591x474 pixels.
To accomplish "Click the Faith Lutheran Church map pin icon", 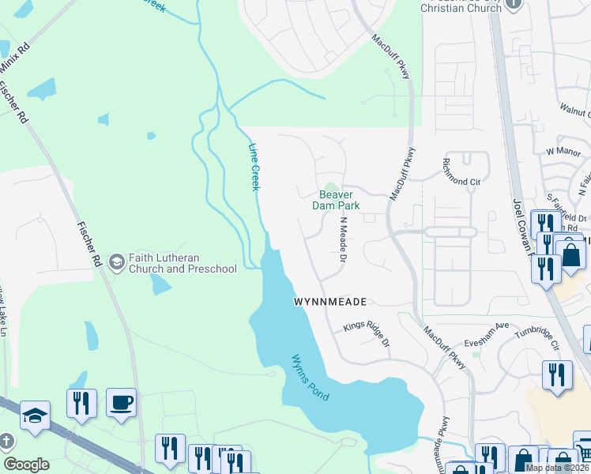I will [116, 261].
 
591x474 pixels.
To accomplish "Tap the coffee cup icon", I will [121, 402].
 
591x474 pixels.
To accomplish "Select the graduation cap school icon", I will [35, 416].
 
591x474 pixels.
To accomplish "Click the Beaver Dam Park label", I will [339, 200].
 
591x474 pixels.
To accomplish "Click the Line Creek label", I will [254, 167].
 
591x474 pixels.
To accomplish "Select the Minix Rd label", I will [16, 60].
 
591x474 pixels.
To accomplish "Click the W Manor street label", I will [563, 149].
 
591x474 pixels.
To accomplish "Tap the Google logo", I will [26, 465].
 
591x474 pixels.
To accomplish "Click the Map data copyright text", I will [557, 468].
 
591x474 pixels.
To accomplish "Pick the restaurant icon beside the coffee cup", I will [82, 403].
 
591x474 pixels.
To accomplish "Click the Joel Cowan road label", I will [521, 229].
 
